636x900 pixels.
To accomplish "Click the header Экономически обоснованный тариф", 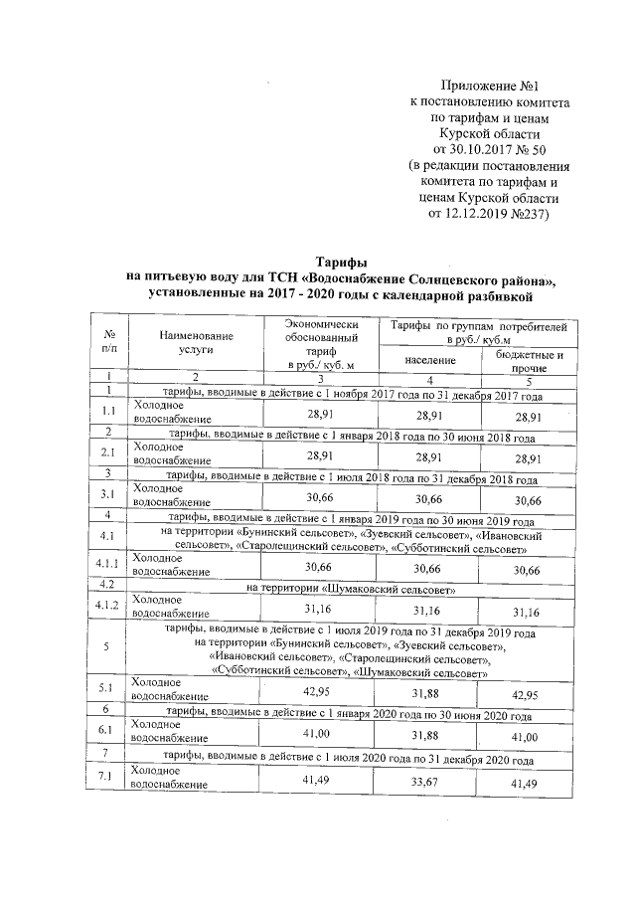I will pos(319,344).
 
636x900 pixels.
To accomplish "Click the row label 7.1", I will pos(107,777).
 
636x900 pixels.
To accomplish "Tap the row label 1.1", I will pos(107,411).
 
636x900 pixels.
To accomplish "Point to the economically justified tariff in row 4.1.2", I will pos(319,607).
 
